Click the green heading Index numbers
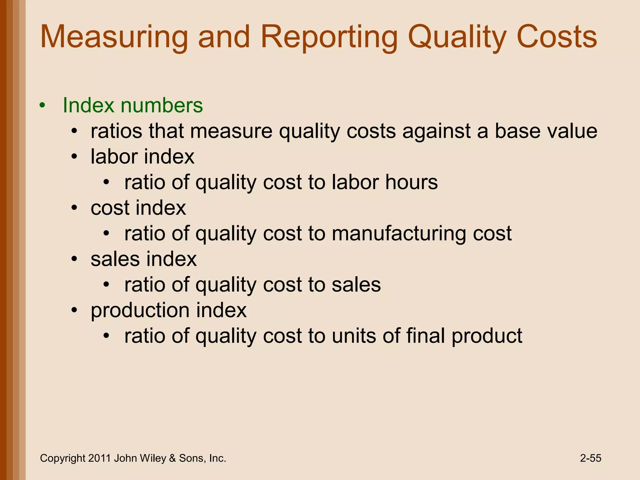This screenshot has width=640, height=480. tap(133, 105)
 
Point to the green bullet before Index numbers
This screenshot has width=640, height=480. tap(42, 105)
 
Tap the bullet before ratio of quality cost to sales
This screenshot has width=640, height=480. tap(107, 285)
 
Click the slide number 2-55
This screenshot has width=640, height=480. tap(591, 458)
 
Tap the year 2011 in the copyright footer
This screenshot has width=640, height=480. tap(99, 458)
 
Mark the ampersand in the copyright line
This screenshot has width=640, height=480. tap(172, 458)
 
